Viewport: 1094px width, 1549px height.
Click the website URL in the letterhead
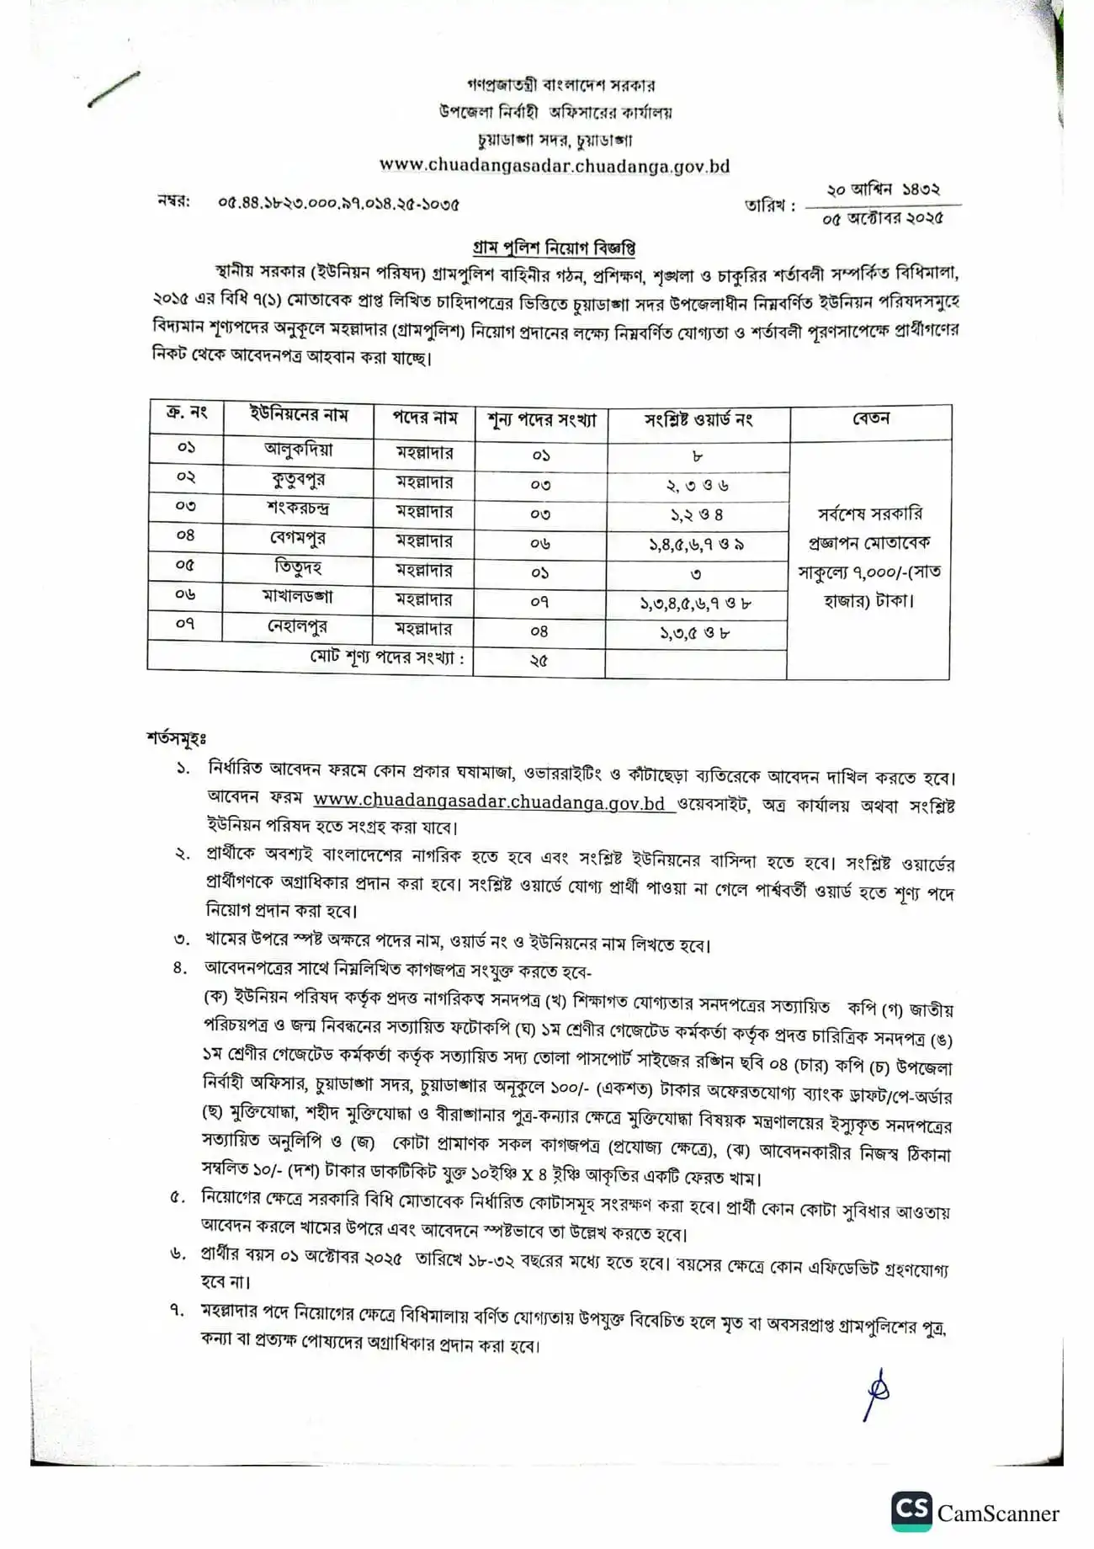click(555, 166)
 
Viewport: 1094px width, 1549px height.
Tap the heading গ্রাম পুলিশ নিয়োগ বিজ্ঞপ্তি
click(553, 248)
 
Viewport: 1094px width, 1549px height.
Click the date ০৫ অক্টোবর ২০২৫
click(884, 218)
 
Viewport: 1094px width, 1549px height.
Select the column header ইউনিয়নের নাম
click(299, 415)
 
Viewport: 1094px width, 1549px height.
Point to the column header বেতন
click(870, 418)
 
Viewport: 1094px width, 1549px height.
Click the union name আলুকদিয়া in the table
click(299, 450)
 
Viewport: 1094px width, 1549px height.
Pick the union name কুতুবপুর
click(299, 480)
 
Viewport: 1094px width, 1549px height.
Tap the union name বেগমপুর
click(299, 538)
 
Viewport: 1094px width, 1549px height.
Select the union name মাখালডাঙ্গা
click(299, 597)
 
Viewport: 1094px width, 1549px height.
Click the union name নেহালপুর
click(299, 627)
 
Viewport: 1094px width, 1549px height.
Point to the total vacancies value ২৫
click(539, 660)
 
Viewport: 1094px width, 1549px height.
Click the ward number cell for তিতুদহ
click(697, 574)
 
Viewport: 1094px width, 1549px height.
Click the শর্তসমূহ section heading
click(177, 738)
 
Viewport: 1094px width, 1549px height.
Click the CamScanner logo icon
click(911, 1511)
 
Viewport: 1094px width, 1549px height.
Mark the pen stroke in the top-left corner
click(114, 89)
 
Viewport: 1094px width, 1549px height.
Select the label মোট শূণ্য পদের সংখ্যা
click(386, 657)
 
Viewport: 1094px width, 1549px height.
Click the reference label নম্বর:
click(173, 202)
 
